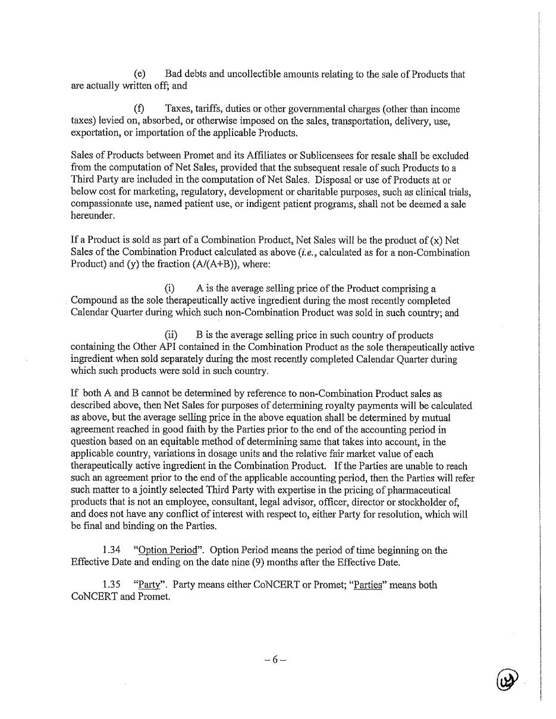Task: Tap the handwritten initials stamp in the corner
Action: click(507, 679)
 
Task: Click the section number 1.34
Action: click(112, 550)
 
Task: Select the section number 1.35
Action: click(112, 585)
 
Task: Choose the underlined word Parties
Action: click(366, 585)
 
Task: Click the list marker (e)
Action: click(140, 74)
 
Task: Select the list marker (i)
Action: click(169, 289)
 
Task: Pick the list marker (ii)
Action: click(171, 335)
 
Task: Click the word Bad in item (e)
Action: click(174, 74)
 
